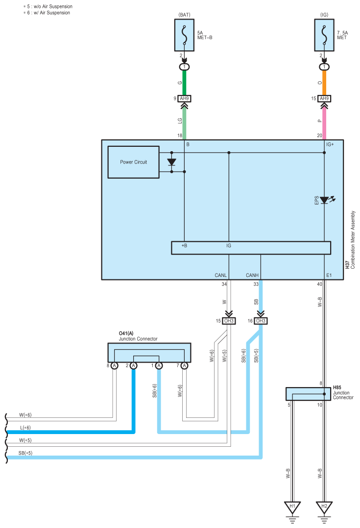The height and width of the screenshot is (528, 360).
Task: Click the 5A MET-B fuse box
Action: coord(184,35)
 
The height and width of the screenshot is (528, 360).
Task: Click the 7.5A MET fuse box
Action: coord(324,35)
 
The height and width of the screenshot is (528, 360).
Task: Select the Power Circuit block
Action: coord(134,162)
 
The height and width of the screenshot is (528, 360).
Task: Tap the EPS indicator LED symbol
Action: coord(324,200)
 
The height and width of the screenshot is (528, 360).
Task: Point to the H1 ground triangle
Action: coord(292,507)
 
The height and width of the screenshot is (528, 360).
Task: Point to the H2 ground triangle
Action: coord(324,507)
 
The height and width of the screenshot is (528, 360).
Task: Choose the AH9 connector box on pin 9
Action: coord(184,99)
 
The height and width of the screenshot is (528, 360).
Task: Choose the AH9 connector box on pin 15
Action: coord(324,99)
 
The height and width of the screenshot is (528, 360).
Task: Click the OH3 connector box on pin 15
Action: coord(229,321)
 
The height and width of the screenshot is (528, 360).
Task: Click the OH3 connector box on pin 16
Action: coord(261,321)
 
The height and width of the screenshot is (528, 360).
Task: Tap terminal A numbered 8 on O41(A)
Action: coord(115,366)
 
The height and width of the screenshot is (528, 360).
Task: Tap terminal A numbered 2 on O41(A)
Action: coord(134,366)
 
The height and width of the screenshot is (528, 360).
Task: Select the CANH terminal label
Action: coord(252,275)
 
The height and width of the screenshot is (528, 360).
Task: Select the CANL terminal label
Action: coord(221,275)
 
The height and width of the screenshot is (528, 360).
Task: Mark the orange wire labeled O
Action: coord(324,83)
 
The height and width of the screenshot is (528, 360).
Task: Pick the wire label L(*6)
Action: coord(25,428)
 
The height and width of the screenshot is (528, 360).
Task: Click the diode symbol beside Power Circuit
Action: coord(171,162)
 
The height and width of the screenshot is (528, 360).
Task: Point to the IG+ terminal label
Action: coord(330,144)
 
